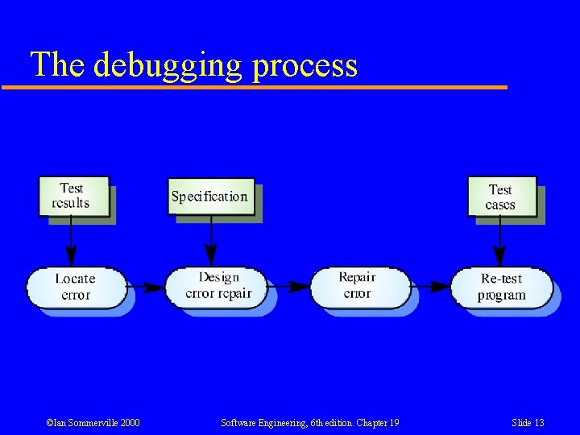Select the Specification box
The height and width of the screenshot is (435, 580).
[209, 197]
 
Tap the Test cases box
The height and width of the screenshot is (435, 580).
[501, 197]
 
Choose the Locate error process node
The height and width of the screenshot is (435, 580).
[76, 287]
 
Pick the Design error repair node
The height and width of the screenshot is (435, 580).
[218, 286]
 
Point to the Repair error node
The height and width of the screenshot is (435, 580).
[358, 286]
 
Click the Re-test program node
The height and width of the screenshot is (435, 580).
[501, 287]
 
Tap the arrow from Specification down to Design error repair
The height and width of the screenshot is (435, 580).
[211, 242]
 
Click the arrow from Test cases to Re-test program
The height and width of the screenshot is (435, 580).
[501, 242]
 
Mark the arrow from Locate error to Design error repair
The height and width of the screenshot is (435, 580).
[147, 286]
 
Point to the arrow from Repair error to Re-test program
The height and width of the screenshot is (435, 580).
[430, 286]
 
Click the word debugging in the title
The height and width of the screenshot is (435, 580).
[168, 64]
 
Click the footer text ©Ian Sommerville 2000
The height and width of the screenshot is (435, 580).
[93, 423]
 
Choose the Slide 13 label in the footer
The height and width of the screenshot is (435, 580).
[528, 423]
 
